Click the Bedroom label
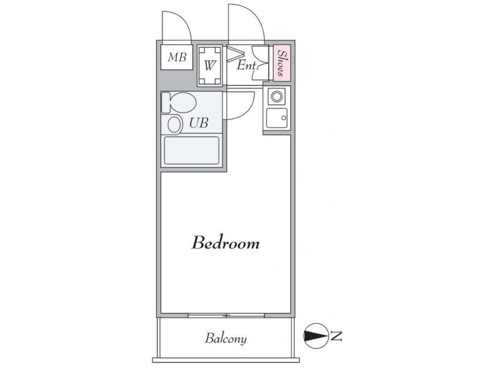tap(225, 243)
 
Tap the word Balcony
tap(225, 339)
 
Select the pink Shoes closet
tap(282, 63)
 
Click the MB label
tap(177, 57)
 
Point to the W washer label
tap(210, 66)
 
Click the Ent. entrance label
tap(247, 66)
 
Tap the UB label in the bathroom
tap(198, 123)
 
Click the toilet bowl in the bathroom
tap(183, 102)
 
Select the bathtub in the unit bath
tap(192, 150)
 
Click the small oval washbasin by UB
tap(175, 125)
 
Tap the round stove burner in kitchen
tap(277, 96)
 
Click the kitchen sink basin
tap(277, 118)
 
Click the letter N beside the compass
tap(336, 336)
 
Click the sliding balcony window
tap(227, 315)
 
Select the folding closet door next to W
tap(233, 53)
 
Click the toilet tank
tap(165, 102)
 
